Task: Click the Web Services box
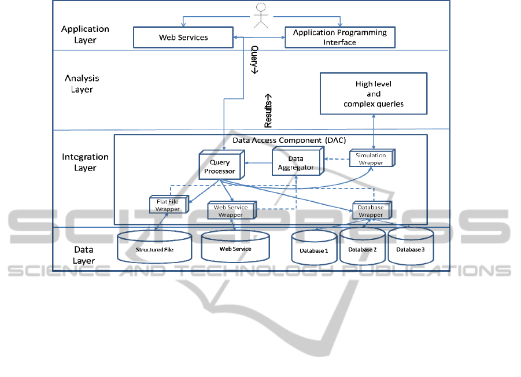pyautogui.click(x=183, y=38)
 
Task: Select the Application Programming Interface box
pyautogui.click(x=339, y=38)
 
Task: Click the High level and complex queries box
pyautogui.click(x=374, y=94)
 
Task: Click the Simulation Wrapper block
pyautogui.click(x=371, y=160)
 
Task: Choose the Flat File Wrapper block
pyautogui.click(x=168, y=205)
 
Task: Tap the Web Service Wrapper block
pyautogui.click(x=231, y=211)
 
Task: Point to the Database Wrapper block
pyautogui.click(x=371, y=211)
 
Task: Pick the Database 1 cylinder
pyautogui.click(x=314, y=250)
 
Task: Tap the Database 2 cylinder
pyautogui.click(x=363, y=248)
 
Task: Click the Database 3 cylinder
pyautogui.click(x=411, y=248)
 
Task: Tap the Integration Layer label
pyautogui.click(x=85, y=162)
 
